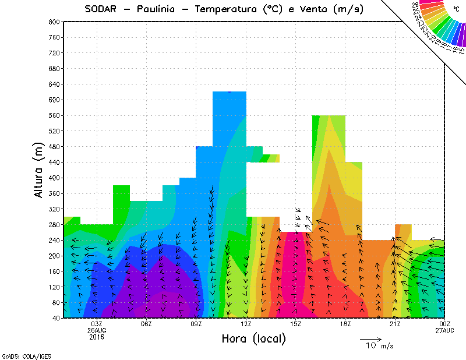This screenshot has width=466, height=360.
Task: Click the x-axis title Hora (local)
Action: pos(254,338)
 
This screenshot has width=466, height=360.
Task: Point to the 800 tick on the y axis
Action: pos(54,22)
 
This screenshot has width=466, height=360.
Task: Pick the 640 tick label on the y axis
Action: pos(54,84)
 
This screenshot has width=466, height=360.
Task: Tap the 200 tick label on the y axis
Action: pos(54,256)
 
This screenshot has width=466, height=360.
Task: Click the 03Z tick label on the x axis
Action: pos(97,324)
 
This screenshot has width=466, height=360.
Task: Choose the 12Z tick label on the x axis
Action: pos(246,324)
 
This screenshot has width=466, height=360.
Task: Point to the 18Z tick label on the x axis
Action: pos(345,324)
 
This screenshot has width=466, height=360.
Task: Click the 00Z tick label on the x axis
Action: pos(445,324)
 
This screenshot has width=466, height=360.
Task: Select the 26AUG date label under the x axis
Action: pos(97,330)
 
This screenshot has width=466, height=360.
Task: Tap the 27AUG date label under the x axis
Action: pos(445,330)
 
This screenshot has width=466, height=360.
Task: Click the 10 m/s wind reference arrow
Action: pos(370,338)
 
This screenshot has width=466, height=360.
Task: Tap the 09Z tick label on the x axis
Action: pos(196,324)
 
